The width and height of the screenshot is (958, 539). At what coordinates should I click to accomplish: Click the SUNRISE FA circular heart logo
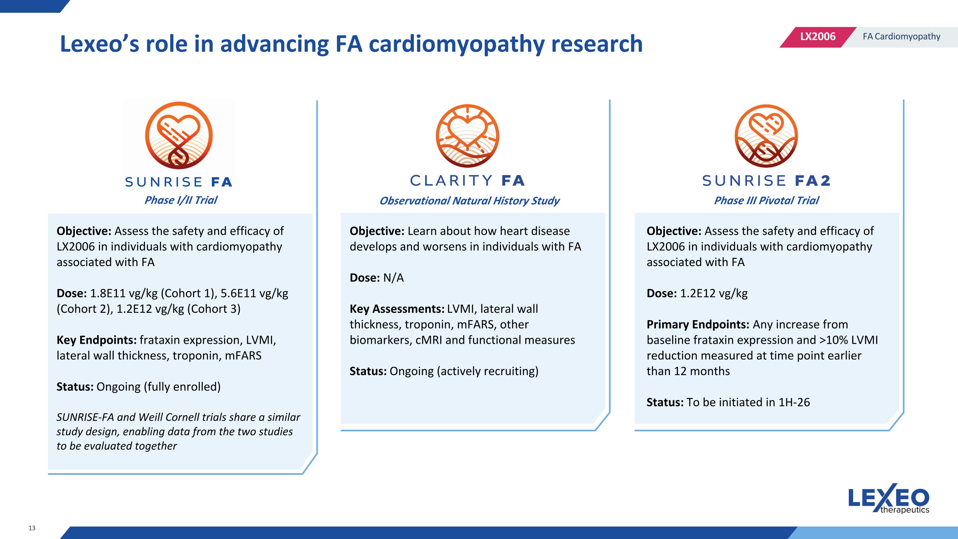pyautogui.click(x=179, y=135)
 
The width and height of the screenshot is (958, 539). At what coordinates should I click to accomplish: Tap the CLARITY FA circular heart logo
pyautogui.click(x=467, y=136)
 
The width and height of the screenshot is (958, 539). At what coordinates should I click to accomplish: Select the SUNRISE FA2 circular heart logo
pyautogui.click(x=766, y=136)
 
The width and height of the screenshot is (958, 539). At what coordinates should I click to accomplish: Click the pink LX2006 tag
pyautogui.click(x=817, y=36)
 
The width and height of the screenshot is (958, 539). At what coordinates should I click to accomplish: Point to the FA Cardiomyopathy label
pyautogui.click(x=901, y=36)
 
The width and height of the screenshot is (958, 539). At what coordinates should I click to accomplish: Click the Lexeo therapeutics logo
pyautogui.click(x=888, y=498)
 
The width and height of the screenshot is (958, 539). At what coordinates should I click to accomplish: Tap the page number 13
pyautogui.click(x=32, y=528)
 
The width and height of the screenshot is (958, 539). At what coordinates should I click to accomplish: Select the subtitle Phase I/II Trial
pyautogui.click(x=181, y=200)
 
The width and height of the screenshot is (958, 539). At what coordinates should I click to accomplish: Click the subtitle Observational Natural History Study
pyautogui.click(x=469, y=201)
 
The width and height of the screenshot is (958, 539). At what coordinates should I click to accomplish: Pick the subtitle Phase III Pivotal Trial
pyautogui.click(x=766, y=201)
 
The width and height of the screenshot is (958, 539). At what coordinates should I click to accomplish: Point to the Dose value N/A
pyautogui.click(x=393, y=278)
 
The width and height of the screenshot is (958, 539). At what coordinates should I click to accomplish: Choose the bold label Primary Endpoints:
pyautogui.click(x=698, y=324)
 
